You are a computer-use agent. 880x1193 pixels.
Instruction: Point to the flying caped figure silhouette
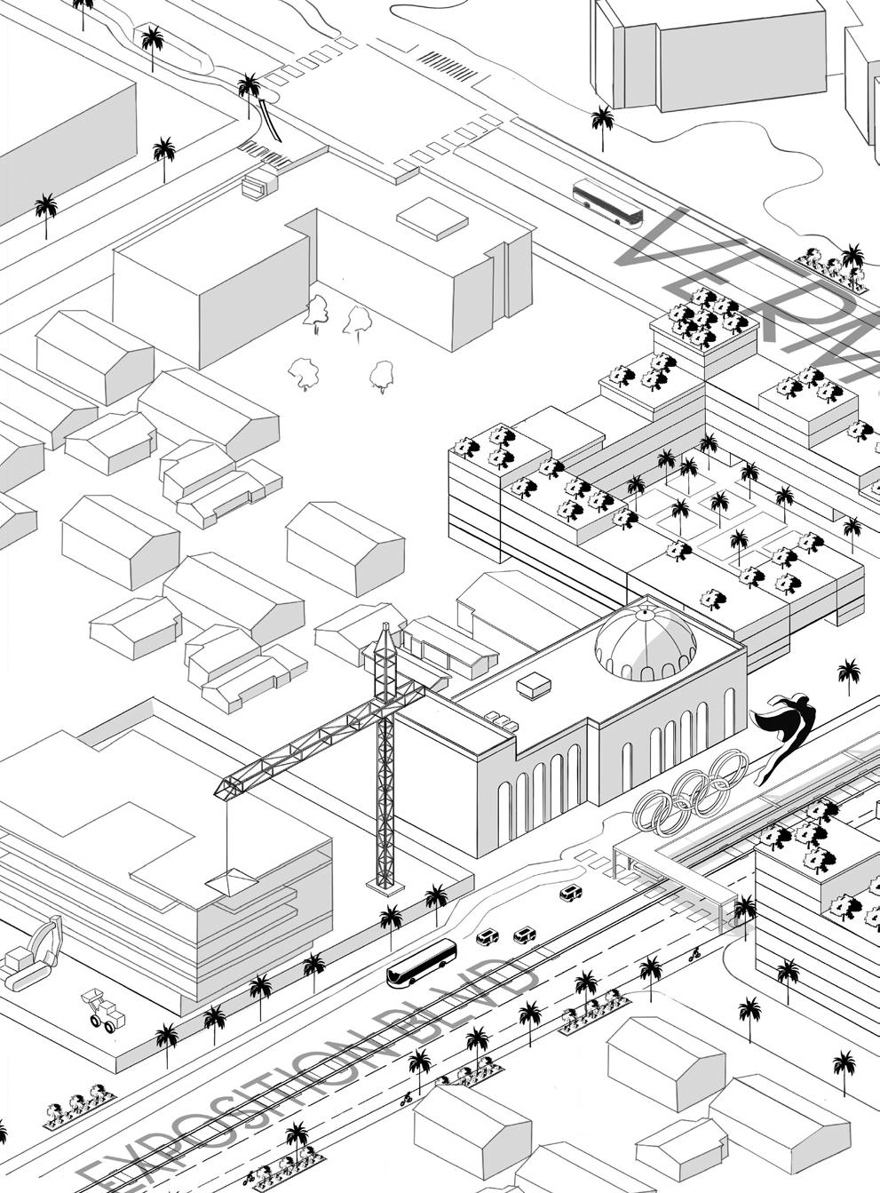(784, 734)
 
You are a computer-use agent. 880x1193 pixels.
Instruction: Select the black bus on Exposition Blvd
(421, 963)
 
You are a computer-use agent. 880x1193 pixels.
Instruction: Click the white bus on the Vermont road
(607, 203)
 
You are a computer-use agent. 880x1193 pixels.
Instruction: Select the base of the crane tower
(385, 883)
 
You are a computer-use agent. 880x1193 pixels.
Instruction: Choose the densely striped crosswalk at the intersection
(448, 63)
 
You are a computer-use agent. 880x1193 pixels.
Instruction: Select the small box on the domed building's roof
(534, 685)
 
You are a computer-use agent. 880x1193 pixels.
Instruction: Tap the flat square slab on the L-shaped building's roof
(432, 218)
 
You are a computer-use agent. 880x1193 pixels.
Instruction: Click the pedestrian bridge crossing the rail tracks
(675, 866)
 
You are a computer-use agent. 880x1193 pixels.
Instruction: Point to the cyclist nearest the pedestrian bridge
(694, 956)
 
